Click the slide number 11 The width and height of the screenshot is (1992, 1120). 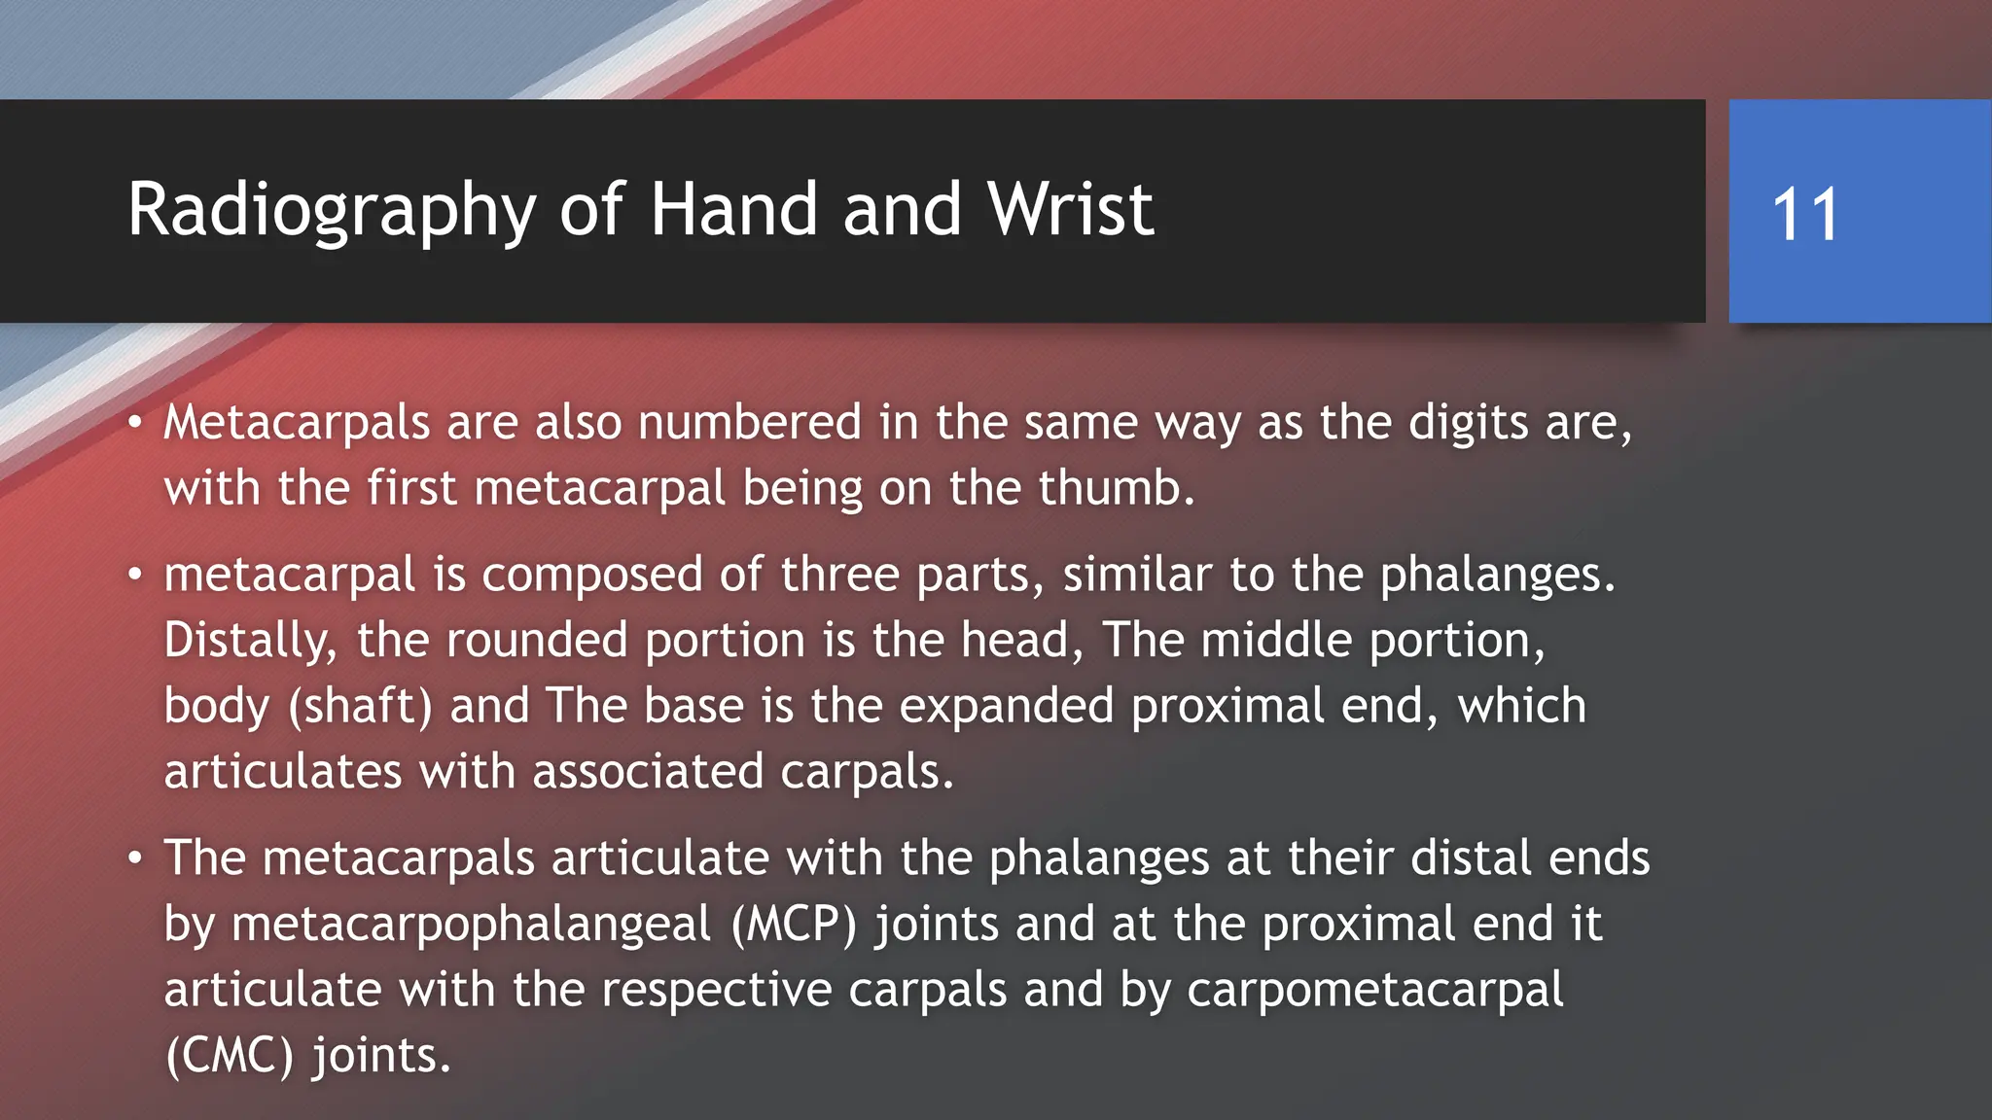[1805, 214]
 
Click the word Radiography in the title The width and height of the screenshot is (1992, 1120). [332, 210]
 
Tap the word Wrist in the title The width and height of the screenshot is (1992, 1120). [1070, 210]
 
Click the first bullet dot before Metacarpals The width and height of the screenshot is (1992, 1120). [135, 423]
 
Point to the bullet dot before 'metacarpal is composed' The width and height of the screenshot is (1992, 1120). [135, 575]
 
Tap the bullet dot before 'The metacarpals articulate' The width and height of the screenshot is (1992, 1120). [135, 858]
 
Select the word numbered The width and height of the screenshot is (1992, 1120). [750, 423]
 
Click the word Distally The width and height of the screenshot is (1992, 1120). [250, 641]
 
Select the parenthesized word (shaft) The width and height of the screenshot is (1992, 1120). [360, 707]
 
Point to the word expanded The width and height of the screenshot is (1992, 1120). [1006, 707]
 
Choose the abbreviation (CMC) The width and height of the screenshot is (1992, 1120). [230, 1056]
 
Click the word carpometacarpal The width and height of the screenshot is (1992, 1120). [1375, 990]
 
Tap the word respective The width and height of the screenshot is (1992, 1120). [716, 990]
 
